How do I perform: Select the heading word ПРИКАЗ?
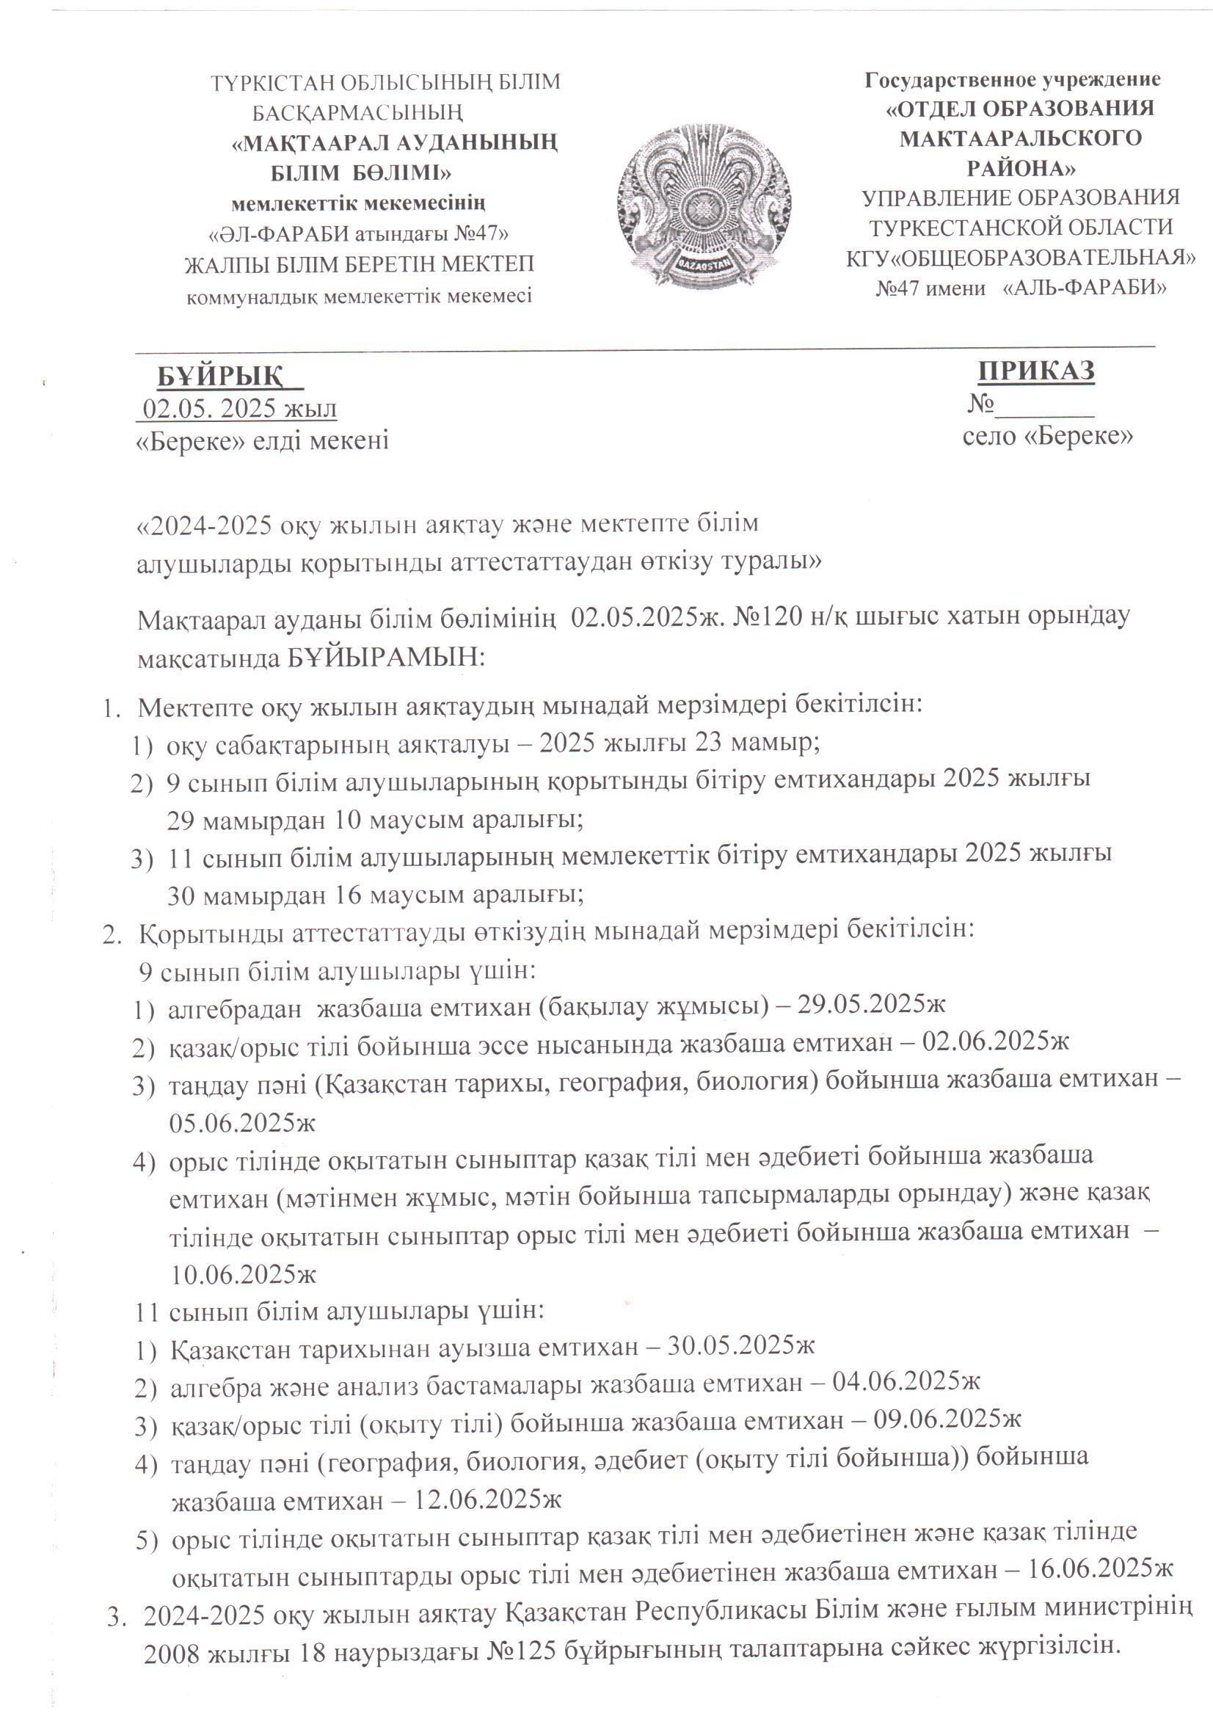[x=1037, y=371]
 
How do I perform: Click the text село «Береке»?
[x=1047, y=436]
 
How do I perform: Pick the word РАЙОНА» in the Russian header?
[x=1021, y=167]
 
